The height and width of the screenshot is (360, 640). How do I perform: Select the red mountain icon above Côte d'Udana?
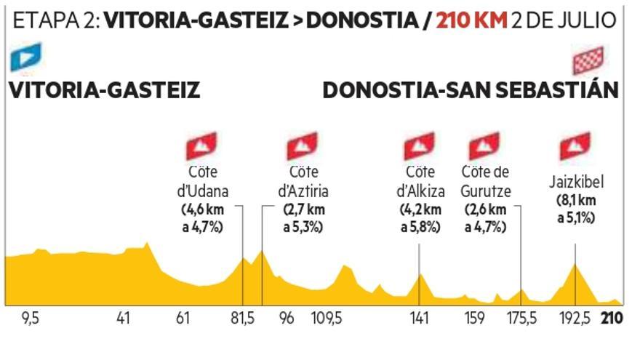pyautogui.click(x=203, y=146)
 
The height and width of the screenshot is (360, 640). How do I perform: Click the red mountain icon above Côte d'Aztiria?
pyautogui.click(x=303, y=146)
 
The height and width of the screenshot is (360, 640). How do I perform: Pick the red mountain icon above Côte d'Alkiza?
pyautogui.click(x=420, y=146)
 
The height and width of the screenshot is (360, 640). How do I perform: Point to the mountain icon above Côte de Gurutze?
pyautogui.click(x=484, y=146)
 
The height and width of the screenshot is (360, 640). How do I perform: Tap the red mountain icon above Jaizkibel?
pyautogui.click(x=575, y=146)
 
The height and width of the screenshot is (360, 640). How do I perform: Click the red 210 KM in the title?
pyautogui.click(x=471, y=19)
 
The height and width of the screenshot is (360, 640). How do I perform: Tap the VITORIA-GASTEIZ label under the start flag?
pyautogui.click(x=104, y=91)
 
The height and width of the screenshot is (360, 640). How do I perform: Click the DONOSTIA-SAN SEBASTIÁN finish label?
pyautogui.click(x=471, y=91)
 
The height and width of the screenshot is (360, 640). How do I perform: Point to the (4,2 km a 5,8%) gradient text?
pyautogui.click(x=420, y=218)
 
